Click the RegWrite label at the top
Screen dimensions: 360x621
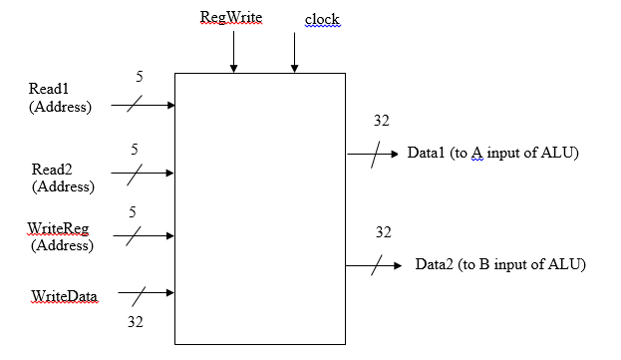(231, 18)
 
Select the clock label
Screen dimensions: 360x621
(322, 20)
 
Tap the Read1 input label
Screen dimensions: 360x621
(50, 89)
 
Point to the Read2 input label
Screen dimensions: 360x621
(50, 170)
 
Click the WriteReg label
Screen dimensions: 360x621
(57, 229)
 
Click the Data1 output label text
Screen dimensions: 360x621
(492, 154)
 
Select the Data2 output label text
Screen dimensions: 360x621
(499, 264)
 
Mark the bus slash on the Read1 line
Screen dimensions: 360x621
(137, 104)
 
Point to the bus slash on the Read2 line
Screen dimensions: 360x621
(137, 172)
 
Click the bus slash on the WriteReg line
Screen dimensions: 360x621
(137, 236)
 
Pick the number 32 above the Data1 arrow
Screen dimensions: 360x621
(381, 122)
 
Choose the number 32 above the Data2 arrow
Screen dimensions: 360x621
(383, 232)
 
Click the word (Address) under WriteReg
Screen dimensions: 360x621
(62, 245)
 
